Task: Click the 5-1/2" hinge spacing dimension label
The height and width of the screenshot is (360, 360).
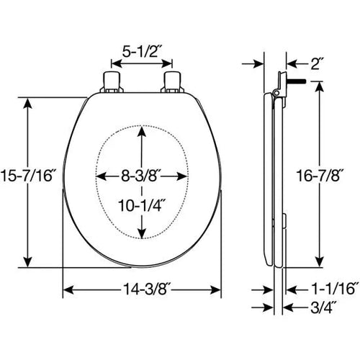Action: (x=140, y=51)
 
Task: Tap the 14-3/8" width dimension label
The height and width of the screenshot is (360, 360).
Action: (x=146, y=289)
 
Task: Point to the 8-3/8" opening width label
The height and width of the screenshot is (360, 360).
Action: (x=140, y=176)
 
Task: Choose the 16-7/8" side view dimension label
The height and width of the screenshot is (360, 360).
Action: (x=319, y=176)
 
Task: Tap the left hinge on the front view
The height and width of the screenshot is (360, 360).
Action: (x=112, y=82)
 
